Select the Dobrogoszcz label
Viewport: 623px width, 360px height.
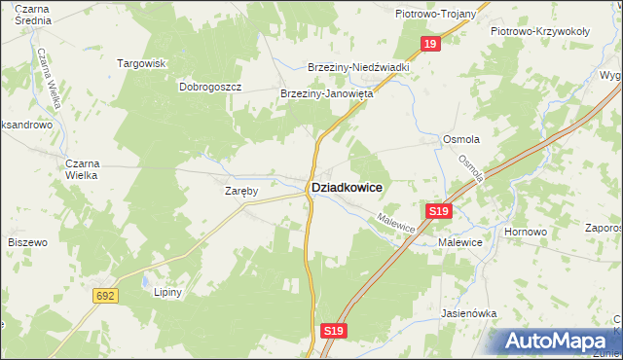(210, 86)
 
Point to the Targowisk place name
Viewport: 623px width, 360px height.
(143, 63)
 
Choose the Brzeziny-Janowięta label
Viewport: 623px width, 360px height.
(327, 94)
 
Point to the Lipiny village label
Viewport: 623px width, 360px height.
(169, 291)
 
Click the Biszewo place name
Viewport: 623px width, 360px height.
(27, 241)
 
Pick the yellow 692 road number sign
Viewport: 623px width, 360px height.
(107, 294)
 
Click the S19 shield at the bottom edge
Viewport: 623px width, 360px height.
(333, 332)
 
